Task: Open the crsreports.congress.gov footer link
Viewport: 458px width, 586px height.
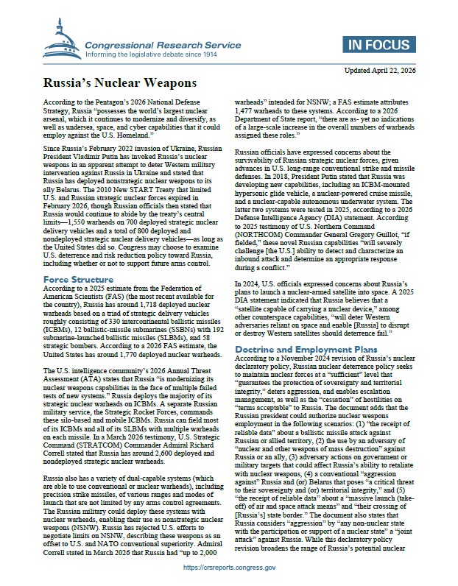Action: pyautogui.click(x=229, y=568)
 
